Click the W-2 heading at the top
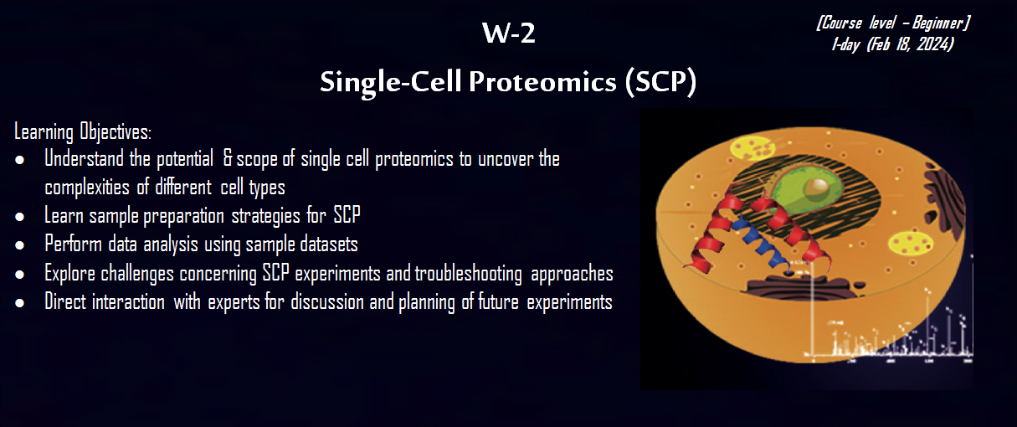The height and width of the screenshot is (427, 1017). (509, 33)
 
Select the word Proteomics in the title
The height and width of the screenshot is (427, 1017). (542, 82)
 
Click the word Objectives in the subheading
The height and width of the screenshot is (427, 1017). (116, 131)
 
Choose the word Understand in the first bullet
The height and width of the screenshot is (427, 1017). (84, 158)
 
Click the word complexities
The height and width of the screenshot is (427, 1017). (87, 188)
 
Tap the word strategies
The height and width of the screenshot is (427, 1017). (266, 216)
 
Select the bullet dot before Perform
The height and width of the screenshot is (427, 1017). (19, 246)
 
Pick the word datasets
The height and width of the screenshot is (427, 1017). (324, 244)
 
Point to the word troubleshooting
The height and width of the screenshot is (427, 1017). (468, 274)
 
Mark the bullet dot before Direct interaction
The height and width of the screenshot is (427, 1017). (19, 303)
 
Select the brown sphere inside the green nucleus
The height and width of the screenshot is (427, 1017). (817, 188)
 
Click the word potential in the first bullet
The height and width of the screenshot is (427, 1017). (185, 159)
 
